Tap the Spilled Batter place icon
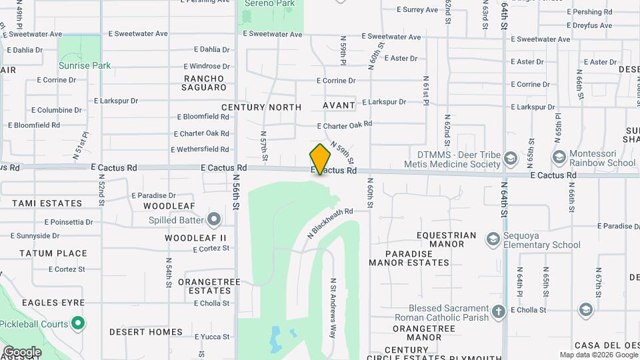click(x=214, y=219)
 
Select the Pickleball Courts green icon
click(x=78, y=324)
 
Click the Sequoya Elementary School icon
click(x=493, y=239)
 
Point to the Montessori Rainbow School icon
click(x=559, y=157)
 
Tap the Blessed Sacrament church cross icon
click(x=498, y=311)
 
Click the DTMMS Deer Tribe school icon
click(x=511, y=159)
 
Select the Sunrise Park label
click(x=84, y=65)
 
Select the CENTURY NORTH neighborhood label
click(x=261, y=107)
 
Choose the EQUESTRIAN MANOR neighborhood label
click(x=446, y=239)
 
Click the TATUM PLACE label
click(x=53, y=253)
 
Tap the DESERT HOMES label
click(x=145, y=332)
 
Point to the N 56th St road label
click(x=236, y=193)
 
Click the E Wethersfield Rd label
click(x=200, y=149)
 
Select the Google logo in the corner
click(x=22, y=351)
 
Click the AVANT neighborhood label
click(x=339, y=105)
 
